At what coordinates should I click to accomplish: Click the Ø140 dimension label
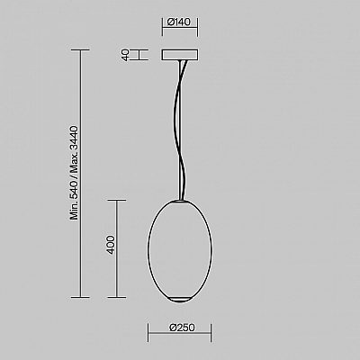tap(179, 22)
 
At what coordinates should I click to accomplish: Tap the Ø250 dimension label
tap(182, 328)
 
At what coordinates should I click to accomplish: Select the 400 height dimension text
tap(111, 245)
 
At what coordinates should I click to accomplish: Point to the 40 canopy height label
tap(126, 55)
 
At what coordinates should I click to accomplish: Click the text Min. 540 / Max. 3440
tap(74, 173)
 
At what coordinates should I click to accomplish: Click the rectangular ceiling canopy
tap(180, 55)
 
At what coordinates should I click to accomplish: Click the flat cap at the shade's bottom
tap(180, 300)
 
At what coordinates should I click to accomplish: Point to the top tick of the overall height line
tap(80, 50)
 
